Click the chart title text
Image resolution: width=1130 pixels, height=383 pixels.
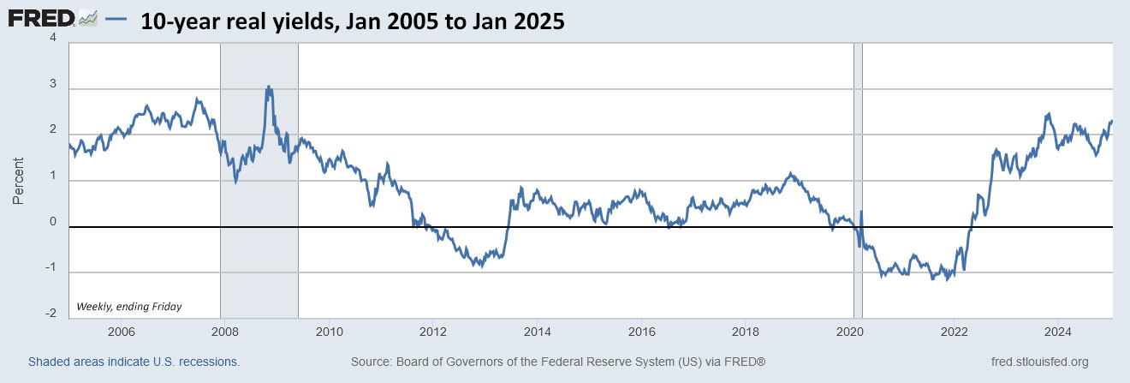click(x=353, y=21)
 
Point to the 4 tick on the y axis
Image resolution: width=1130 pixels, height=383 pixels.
click(x=53, y=39)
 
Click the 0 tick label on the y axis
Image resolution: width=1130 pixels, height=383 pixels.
click(x=53, y=223)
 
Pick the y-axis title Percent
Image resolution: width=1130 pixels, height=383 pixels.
click(x=18, y=181)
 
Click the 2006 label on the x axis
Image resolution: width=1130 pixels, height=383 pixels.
click(x=121, y=332)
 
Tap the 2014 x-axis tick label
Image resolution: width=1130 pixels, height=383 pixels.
click(x=537, y=332)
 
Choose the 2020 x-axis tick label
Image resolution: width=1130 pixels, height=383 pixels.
click(x=850, y=332)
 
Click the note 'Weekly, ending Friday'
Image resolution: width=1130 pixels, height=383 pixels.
click(x=129, y=306)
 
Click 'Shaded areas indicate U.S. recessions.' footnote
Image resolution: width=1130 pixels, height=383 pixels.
click(x=134, y=362)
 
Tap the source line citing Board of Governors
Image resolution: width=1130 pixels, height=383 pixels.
click(x=557, y=362)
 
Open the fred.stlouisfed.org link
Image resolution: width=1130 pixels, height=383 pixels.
click(x=1038, y=362)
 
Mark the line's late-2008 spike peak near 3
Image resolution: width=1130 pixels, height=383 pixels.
click(x=269, y=87)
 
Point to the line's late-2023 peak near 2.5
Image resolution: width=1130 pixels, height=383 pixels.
click(x=1049, y=114)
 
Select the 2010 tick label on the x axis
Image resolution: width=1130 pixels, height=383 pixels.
click(x=329, y=332)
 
